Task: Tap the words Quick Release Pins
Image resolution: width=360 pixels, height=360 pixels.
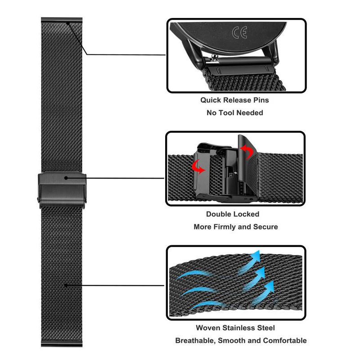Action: [x=234, y=100]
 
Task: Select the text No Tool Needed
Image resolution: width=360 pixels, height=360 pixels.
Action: [x=234, y=112]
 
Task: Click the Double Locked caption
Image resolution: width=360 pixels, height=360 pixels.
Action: [x=233, y=214]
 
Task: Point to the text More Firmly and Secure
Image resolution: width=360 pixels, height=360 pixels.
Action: [x=235, y=227]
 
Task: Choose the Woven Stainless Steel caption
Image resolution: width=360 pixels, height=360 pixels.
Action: [x=235, y=328]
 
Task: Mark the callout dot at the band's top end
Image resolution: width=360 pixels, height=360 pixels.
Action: [x=67, y=23]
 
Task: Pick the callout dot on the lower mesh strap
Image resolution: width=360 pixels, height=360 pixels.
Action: [x=67, y=285]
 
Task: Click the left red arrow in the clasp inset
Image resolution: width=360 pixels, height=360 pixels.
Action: [x=197, y=166]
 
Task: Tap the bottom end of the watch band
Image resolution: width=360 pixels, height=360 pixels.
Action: [x=62, y=345]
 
